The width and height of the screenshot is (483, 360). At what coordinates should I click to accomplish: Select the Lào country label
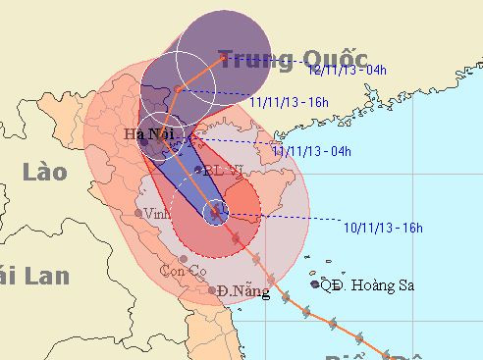point(43,173)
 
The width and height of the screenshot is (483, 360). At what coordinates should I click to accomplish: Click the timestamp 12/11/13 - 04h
point(347,71)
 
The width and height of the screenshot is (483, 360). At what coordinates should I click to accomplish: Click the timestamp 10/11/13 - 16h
point(383,229)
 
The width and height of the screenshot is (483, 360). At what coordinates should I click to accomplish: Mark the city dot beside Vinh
point(138,212)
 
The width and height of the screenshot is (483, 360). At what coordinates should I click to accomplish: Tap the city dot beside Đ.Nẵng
point(213,290)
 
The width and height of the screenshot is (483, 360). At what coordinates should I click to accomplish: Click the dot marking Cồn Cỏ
point(184,259)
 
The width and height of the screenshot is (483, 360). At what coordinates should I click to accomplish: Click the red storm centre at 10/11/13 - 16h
point(217,211)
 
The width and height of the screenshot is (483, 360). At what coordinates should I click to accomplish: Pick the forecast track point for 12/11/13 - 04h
point(225,58)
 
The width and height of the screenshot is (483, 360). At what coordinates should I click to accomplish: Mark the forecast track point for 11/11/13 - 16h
point(178,90)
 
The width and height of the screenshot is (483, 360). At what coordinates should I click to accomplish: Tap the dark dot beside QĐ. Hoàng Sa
point(315,284)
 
